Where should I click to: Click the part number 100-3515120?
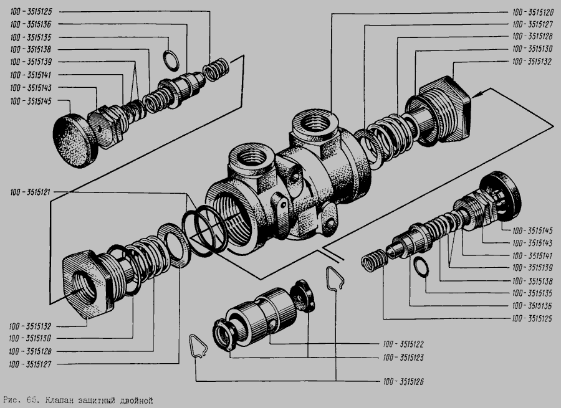pyautogui.click(x=533, y=12)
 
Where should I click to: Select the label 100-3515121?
pyautogui.click(x=31, y=192)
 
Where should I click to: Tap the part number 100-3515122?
pyautogui.click(x=403, y=344)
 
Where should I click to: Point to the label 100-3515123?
pyautogui.click(x=403, y=358)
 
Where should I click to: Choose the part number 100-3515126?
pyautogui.click(x=403, y=382)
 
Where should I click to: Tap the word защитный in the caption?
pyautogui.click(x=97, y=400)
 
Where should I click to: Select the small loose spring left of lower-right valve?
pyautogui.click(x=374, y=260)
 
